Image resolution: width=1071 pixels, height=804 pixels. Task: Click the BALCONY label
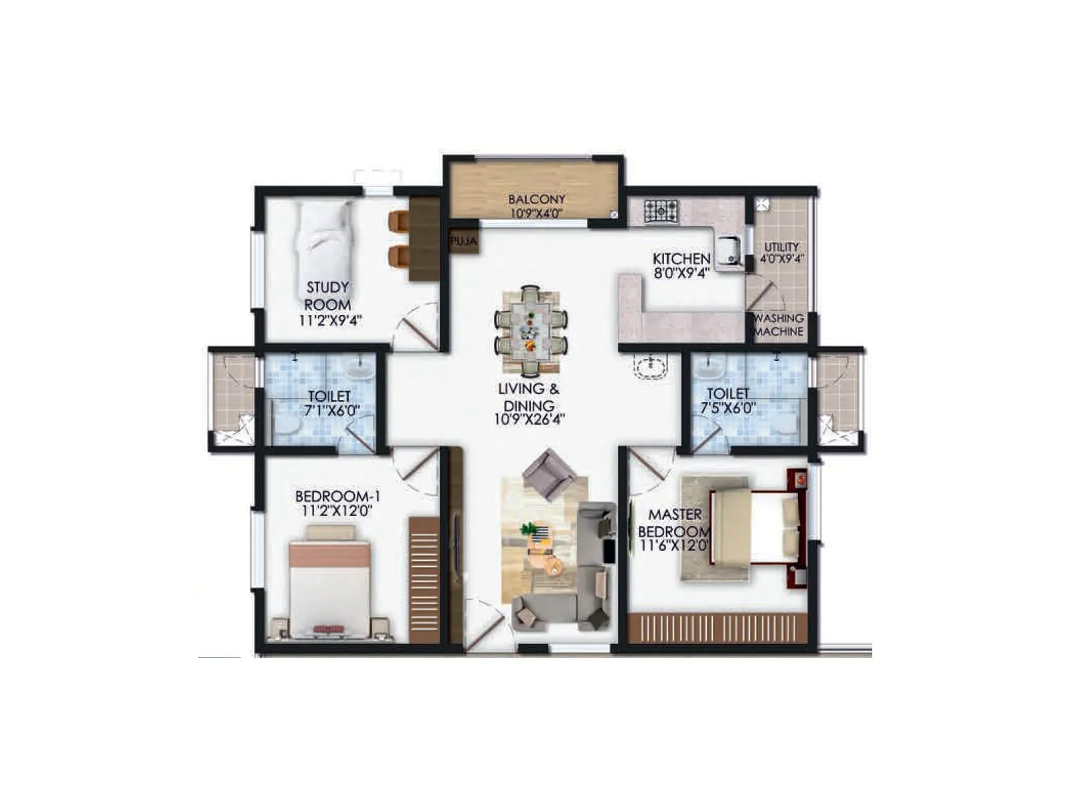click(536, 199)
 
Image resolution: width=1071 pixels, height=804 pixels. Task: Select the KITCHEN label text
click(681, 259)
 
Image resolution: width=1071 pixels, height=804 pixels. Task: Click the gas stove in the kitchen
click(661, 210)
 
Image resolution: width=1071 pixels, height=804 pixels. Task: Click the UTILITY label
click(781, 247)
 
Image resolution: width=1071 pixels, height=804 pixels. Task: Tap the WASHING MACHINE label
click(778, 325)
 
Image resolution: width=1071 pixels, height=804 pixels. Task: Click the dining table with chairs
click(531, 328)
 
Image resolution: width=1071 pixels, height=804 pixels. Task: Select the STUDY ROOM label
click(328, 295)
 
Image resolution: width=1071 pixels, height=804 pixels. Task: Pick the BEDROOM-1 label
click(337, 496)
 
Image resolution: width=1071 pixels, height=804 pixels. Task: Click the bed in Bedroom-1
click(329, 583)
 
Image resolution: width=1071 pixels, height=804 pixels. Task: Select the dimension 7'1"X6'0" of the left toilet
click(329, 410)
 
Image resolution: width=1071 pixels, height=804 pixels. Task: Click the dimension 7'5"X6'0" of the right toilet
click(728, 407)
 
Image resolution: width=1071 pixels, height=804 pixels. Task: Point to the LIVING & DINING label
click(529, 397)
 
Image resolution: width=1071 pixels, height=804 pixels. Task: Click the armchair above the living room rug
click(549, 474)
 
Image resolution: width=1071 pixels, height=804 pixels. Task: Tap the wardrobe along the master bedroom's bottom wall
click(716, 628)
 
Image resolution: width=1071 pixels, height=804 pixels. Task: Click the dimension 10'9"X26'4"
click(529, 420)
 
